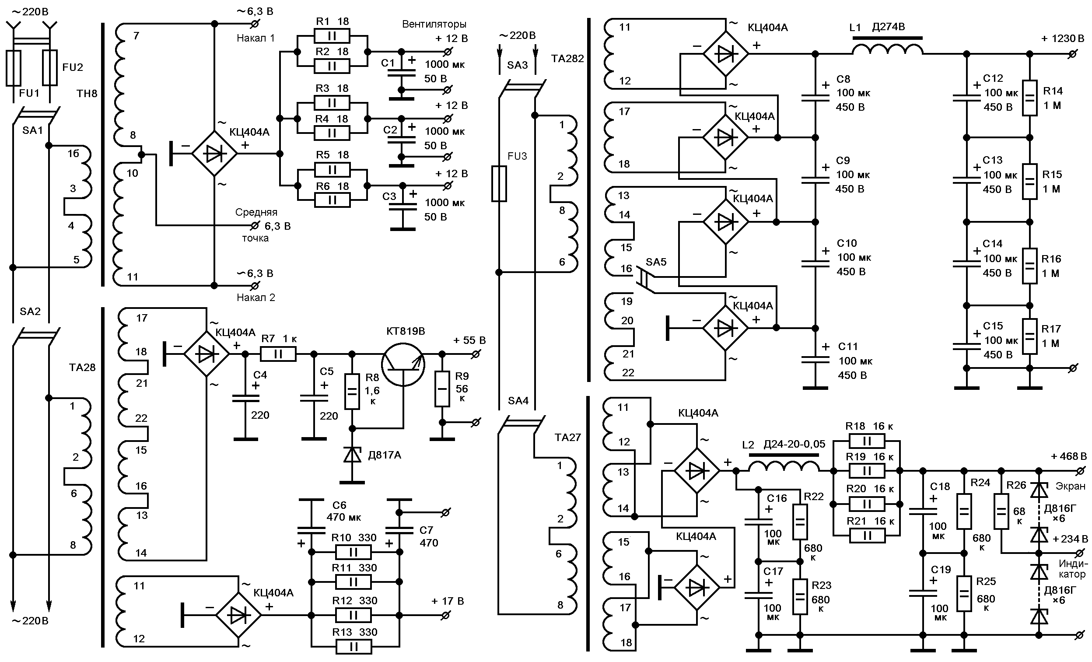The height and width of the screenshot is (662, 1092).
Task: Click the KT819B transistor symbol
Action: [x=403, y=365]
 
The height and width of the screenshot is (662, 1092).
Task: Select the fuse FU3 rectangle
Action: [x=499, y=184]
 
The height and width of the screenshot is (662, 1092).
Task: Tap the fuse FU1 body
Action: [x=13, y=68]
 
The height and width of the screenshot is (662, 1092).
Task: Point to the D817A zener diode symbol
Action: [x=352, y=454]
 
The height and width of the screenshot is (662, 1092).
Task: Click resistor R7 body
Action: [x=278, y=354]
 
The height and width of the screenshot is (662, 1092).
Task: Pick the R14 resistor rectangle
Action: [x=1029, y=98]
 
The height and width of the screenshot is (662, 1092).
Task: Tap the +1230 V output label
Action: [x=1062, y=39]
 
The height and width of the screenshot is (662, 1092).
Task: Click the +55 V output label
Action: [x=469, y=340]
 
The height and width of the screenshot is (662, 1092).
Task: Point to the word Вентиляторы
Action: [x=434, y=24]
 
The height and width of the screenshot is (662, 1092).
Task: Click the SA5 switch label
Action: [x=656, y=262]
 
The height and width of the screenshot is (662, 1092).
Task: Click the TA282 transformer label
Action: [x=567, y=59]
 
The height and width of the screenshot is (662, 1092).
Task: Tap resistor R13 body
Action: [x=353, y=647]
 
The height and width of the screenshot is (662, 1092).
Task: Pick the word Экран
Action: [x=1071, y=486]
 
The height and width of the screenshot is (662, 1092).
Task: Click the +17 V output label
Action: [x=448, y=601]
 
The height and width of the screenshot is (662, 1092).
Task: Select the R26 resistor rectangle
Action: [x=1001, y=511]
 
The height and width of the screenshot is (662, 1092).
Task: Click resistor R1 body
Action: [x=332, y=35]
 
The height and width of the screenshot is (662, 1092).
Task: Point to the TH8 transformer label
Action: [x=87, y=94]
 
